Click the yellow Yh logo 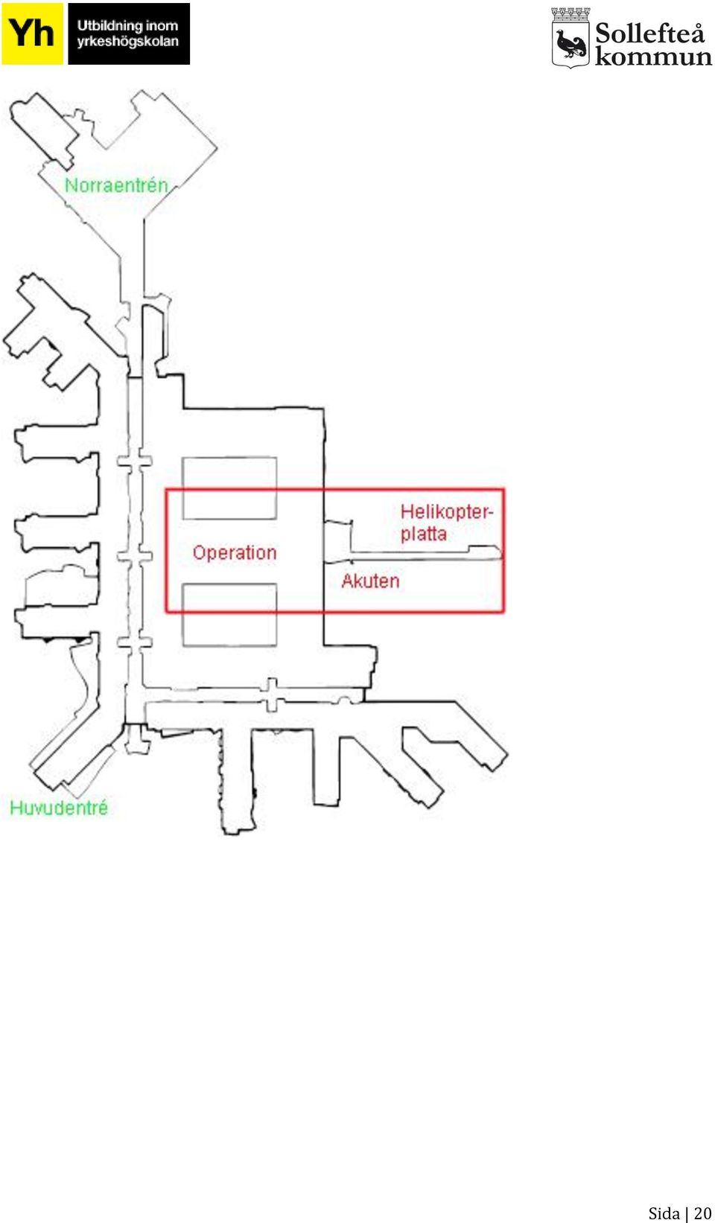tap(32, 33)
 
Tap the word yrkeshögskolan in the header tap(128, 42)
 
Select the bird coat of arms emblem tap(571, 38)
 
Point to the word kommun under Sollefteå tap(653, 57)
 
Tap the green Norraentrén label tap(116, 185)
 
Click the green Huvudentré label tap(59, 808)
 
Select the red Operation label tap(235, 552)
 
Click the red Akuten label tap(370, 581)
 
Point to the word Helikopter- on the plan tap(447, 512)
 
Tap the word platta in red tap(423, 534)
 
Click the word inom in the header tap(162, 25)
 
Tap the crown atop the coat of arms tap(571, 13)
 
